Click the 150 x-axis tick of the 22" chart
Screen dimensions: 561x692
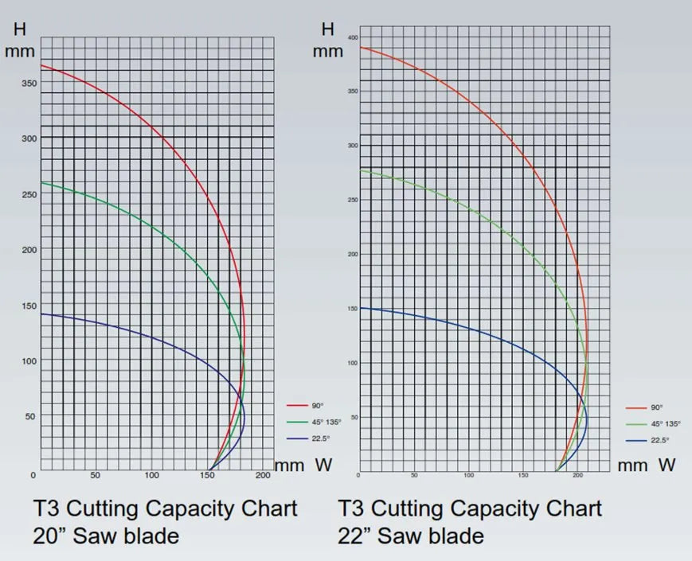523,475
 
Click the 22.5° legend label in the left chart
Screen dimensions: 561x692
307,439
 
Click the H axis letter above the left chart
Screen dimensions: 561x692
22,30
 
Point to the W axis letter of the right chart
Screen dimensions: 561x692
667,465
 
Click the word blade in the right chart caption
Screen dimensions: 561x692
456,536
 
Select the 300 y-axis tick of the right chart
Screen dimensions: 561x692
353,146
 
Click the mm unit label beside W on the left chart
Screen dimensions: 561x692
290,466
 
